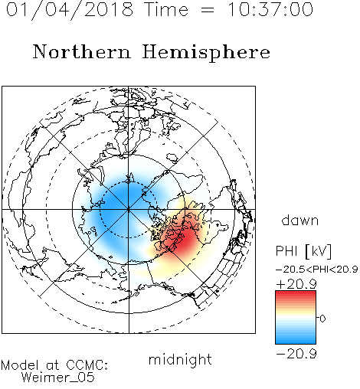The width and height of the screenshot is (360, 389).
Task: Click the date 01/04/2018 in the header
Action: (x=70, y=10)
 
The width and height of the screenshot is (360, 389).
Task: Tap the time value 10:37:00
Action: (x=270, y=9)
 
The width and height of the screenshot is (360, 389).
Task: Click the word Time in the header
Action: (x=166, y=9)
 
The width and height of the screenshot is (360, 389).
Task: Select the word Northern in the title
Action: (x=82, y=52)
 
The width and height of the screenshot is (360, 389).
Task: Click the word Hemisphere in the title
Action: (x=206, y=53)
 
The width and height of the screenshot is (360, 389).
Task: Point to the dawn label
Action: (x=300, y=221)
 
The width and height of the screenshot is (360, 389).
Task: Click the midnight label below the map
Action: (x=180, y=360)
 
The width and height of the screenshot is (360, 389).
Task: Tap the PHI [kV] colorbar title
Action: (x=303, y=251)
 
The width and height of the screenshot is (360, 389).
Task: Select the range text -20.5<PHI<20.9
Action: (x=316, y=270)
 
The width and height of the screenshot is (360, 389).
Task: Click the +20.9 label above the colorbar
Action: (x=296, y=284)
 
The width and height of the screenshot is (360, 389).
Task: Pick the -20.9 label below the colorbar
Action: (x=296, y=354)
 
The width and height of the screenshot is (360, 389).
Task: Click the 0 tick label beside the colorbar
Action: (x=322, y=319)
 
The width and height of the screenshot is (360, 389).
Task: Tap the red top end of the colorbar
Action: (x=296, y=293)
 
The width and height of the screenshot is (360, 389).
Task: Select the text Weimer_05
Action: (x=58, y=378)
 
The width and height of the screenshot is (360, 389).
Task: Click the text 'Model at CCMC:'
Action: (x=54, y=365)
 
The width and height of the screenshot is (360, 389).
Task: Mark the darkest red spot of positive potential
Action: (x=187, y=240)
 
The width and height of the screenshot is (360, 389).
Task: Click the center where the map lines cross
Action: (x=129, y=210)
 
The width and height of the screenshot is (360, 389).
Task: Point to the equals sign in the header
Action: (x=208, y=11)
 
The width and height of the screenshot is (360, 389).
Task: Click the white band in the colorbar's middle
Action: (x=296, y=318)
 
